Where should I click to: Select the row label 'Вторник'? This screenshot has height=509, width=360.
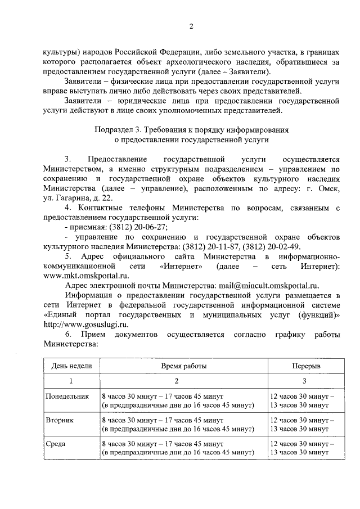60,420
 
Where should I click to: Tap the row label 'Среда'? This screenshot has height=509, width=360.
56,443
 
